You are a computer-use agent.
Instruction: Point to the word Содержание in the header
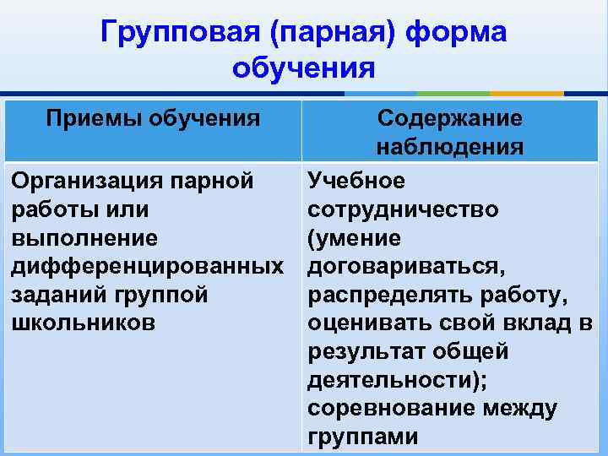coord(449,118)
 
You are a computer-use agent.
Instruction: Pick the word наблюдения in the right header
coord(450,148)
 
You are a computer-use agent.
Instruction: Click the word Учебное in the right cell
coord(356,181)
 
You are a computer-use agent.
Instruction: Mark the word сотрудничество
coord(403,209)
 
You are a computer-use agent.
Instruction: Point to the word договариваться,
coord(406,267)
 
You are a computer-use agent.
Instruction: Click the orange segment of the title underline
coord(527,93)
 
